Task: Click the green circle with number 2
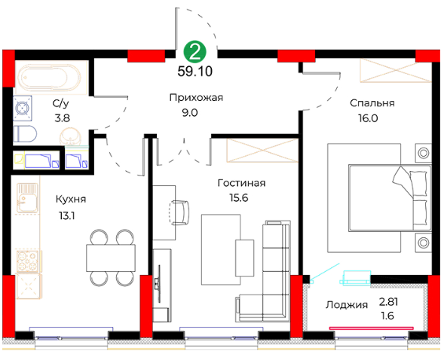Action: (195, 52)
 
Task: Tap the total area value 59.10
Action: (195, 72)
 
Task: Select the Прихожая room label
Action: (196, 97)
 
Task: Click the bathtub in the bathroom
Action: (49, 77)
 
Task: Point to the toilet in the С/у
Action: (25, 133)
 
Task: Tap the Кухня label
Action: (71, 200)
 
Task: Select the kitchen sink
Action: (27, 197)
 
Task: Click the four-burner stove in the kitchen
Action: (27, 261)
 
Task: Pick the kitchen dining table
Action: (111, 258)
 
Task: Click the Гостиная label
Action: (241, 183)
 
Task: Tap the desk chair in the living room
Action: (179, 212)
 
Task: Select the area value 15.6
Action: (239, 198)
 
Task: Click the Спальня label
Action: (372, 103)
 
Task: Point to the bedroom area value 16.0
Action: (368, 118)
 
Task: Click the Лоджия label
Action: (347, 305)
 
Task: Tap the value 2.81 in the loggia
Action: (388, 302)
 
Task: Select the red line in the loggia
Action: (372, 328)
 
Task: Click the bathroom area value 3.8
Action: (62, 118)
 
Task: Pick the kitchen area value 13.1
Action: (66, 216)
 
